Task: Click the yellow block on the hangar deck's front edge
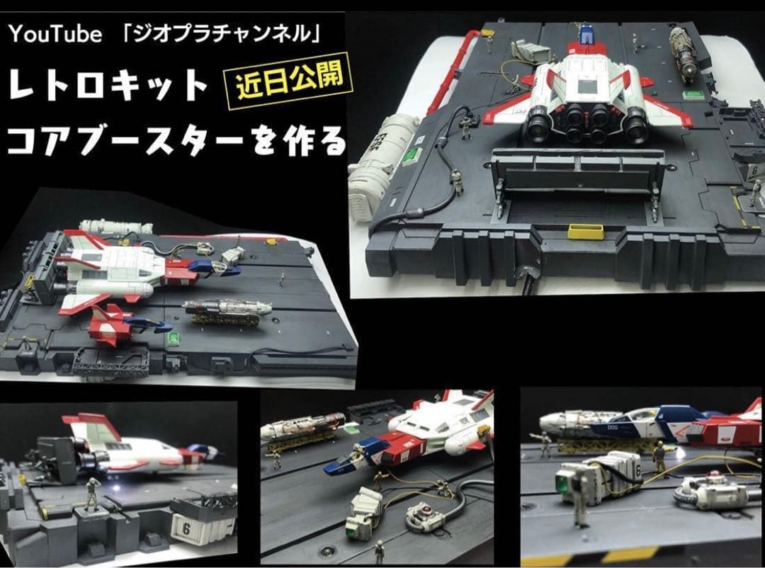(x=585, y=232)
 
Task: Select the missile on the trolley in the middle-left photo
(x=227, y=309)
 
